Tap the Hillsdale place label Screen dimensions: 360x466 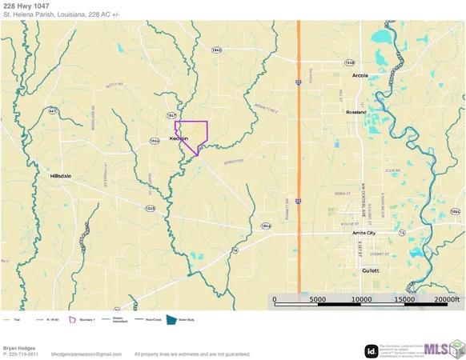tap(61, 175)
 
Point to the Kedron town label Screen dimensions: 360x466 tap(179, 138)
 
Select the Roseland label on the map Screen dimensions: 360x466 tap(355, 112)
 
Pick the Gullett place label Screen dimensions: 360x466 tap(369, 270)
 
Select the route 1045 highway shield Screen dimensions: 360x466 tap(150, 208)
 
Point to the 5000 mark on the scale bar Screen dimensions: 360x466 tap(318, 300)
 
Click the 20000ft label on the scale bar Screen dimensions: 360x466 tap(448, 300)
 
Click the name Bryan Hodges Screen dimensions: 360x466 tap(19, 347)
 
